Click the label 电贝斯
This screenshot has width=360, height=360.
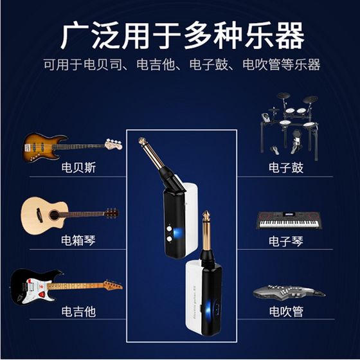78,167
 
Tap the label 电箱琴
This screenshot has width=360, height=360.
78,240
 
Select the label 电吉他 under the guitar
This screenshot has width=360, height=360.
78,312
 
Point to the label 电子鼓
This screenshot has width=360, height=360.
286,168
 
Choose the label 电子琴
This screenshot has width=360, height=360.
286,241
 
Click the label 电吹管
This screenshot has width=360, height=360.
286,312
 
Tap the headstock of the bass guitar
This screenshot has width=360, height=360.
113,144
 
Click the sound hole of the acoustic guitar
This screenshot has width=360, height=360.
54,215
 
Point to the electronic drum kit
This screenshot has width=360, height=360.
289,126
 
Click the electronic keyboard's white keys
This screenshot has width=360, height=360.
289,224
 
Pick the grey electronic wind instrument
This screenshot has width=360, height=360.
289,292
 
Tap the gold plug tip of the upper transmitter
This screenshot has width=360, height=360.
142,140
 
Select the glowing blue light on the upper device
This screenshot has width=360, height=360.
177,233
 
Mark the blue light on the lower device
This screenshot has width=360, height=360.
208,309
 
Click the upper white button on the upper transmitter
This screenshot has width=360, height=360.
170,229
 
